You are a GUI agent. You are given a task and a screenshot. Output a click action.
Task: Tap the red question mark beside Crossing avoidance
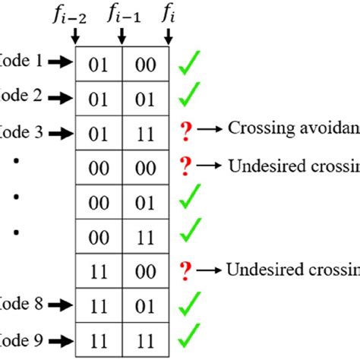[185, 131]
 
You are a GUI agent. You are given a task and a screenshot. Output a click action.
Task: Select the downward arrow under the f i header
[166, 36]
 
